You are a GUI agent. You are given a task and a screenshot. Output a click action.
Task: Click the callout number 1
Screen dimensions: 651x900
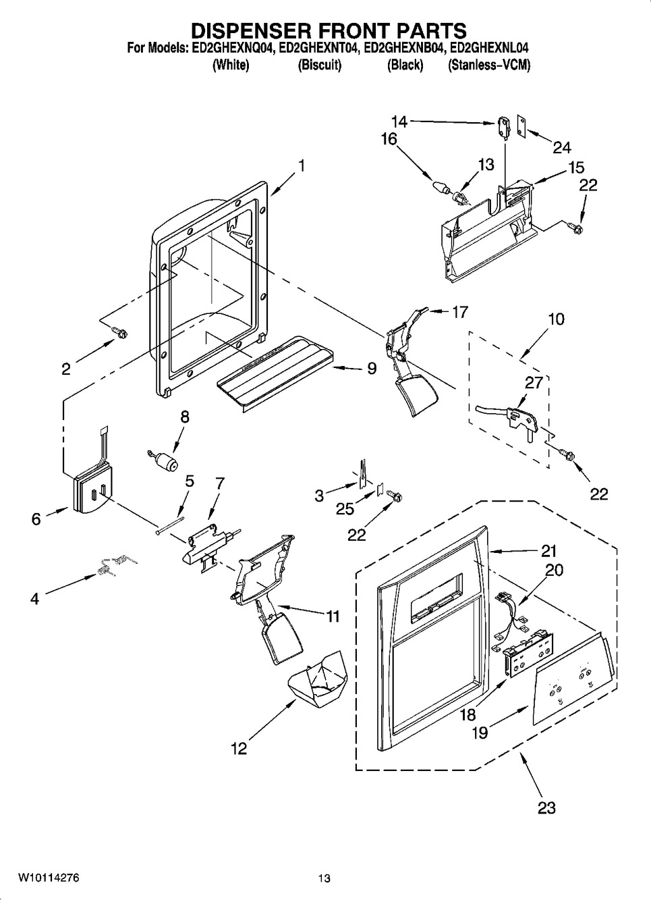[x=302, y=165]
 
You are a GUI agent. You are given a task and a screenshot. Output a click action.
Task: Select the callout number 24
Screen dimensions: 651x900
[x=562, y=147]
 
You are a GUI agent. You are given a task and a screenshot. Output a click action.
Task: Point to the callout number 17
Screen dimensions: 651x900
[x=459, y=312]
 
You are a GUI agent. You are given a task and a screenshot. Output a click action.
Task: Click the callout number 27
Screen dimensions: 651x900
[x=534, y=383]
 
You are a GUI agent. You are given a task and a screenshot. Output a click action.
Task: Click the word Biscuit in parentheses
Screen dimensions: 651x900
[x=320, y=65]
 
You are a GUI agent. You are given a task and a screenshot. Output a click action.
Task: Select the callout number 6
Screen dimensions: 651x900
[x=36, y=519]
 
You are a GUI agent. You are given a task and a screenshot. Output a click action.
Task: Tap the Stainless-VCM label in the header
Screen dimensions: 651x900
[x=489, y=65]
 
